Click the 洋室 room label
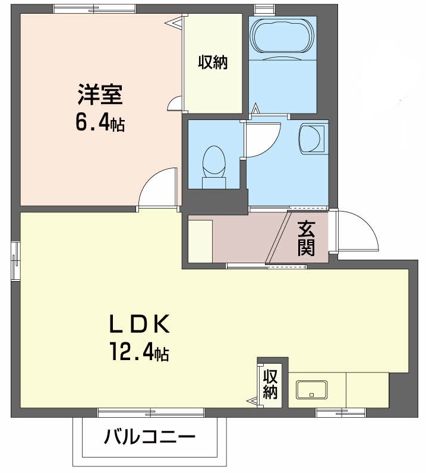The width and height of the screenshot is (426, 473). (x=99, y=95)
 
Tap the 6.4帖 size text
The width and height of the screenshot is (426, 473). (x=99, y=123)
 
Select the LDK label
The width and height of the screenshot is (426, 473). (x=139, y=325)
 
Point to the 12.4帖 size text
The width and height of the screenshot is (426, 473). (x=138, y=354)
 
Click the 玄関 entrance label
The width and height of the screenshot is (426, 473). (x=306, y=238)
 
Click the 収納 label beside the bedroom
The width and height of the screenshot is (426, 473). (x=213, y=62)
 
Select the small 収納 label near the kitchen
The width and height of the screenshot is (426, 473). (x=271, y=384)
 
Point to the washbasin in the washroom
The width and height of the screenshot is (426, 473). (x=312, y=138)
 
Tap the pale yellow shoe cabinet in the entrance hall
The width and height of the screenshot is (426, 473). (x=200, y=240)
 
